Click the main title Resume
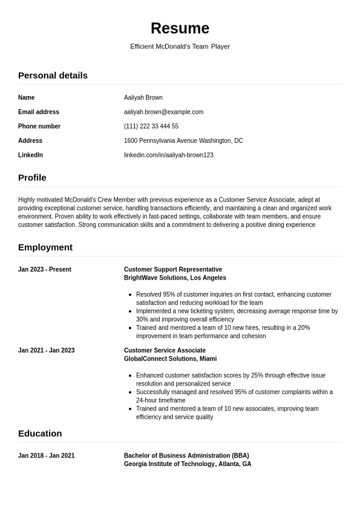pos(180,28)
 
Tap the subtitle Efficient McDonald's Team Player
pos(180,47)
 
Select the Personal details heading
pos(53,76)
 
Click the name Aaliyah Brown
pos(143,97)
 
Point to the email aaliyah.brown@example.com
pos(163,112)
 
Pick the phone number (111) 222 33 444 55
pos(151,126)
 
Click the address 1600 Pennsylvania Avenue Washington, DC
pos(183,141)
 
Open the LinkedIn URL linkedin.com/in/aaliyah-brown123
pos(168,156)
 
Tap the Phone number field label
pos(39,126)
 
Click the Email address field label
pos(39,112)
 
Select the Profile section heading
pos(32,178)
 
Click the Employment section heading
pos(45,248)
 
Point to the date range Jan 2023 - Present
pos(45,270)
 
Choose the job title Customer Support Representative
pos(173,270)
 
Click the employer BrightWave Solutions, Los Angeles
pos(175,278)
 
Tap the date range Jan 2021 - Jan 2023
pos(46,351)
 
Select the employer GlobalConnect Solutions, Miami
pos(170,360)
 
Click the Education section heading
pos(40,434)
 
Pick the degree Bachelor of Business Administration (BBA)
pos(186,456)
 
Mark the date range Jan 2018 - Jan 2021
pos(46,456)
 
